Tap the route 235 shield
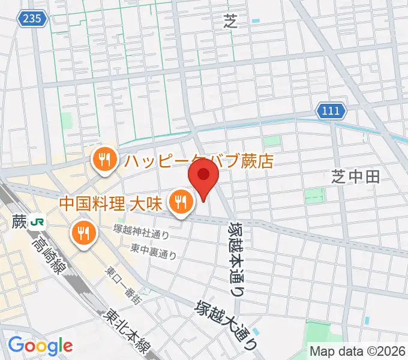(32, 19)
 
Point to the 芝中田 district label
(356, 176)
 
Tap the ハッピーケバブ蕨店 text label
(199, 161)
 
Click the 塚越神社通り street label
(141, 231)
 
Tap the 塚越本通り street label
(236, 259)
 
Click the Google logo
(40, 346)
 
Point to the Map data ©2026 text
(357, 352)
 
